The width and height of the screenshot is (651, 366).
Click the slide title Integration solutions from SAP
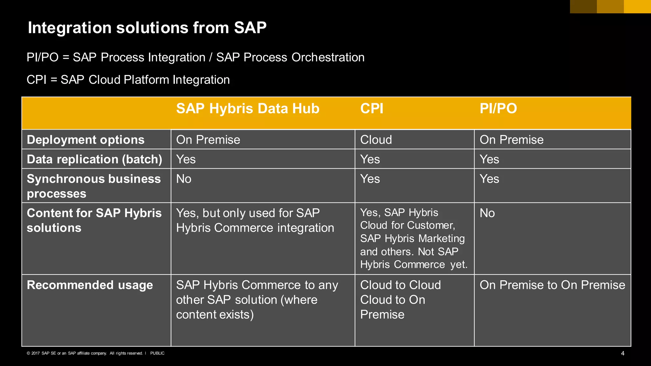pyautogui.click(x=147, y=28)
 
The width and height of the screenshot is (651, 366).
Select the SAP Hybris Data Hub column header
pyautogui.click(x=248, y=109)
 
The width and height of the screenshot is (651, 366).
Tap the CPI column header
pyautogui.click(x=372, y=109)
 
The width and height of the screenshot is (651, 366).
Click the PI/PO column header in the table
pyautogui.click(x=498, y=109)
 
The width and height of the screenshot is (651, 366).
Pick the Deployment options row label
pyautogui.click(x=86, y=140)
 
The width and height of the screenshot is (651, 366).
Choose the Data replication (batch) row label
pyautogui.click(x=94, y=159)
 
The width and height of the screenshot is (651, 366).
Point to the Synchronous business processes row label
pyautogui.click(x=94, y=186)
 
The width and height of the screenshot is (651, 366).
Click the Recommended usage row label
pyautogui.click(x=90, y=285)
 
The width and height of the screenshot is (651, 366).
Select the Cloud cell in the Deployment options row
pyautogui.click(x=376, y=140)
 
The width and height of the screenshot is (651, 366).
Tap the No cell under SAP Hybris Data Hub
pyautogui.click(x=184, y=179)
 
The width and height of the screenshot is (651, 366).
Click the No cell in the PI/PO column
pyautogui.click(x=487, y=213)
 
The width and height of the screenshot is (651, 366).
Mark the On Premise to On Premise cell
pyautogui.click(x=552, y=285)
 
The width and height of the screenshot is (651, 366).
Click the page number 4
pyautogui.click(x=622, y=353)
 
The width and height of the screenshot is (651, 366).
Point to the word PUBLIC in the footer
pyautogui.click(x=157, y=353)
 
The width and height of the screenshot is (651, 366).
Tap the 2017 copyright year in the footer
pyautogui.click(x=35, y=353)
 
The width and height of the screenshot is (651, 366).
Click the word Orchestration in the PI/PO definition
pyautogui.click(x=328, y=58)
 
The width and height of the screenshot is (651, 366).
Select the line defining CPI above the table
pyautogui.click(x=128, y=80)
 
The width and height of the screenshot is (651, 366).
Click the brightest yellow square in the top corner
pyautogui.click(x=637, y=6)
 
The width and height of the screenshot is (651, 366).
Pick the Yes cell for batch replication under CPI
pyautogui.click(x=370, y=159)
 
